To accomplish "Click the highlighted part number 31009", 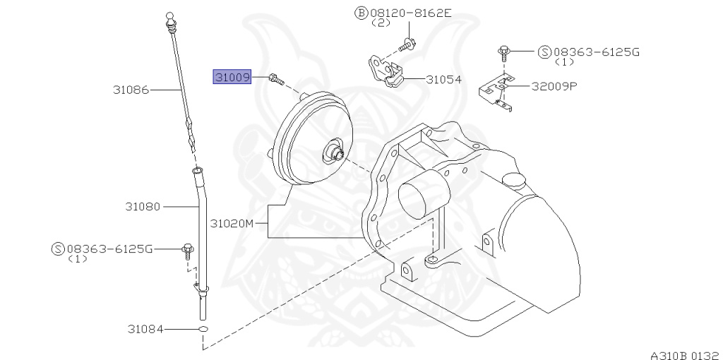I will tap(232, 76).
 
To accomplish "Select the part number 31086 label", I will tap(131, 90).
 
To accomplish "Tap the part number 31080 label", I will tap(143, 207).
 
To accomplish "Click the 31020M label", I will tap(231, 224).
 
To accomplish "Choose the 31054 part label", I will tap(443, 80).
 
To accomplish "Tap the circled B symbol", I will tap(361, 13).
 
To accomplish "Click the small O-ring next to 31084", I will tap(203, 330).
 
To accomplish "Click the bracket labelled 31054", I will tap(386, 69).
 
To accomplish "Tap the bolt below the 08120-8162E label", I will tap(407, 44).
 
